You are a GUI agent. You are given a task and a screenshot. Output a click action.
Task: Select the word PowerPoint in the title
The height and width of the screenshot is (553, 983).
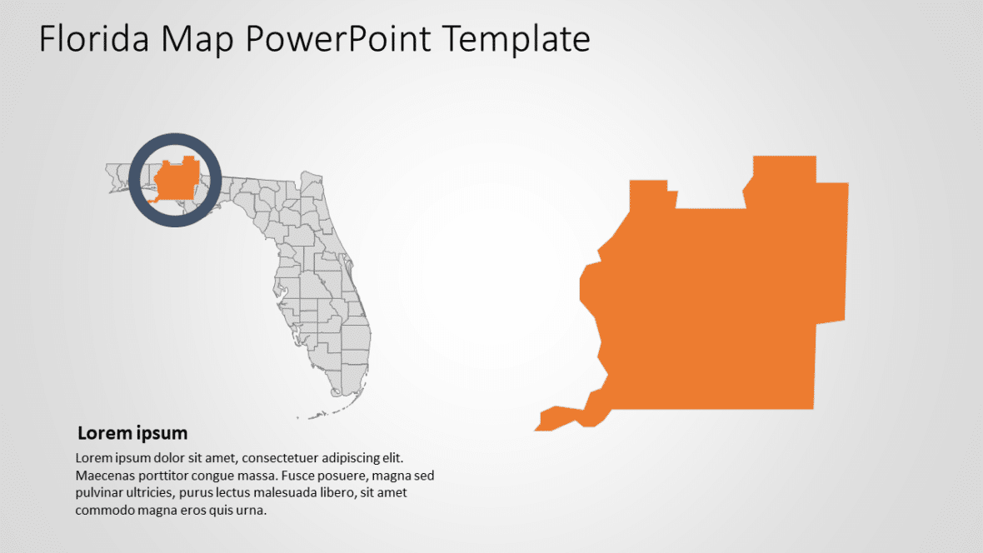click(x=337, y=39)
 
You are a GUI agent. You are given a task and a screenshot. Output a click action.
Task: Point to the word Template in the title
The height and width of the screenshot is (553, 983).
click(x=516, y=39)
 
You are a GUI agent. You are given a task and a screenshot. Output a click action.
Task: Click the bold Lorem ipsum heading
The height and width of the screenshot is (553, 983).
click(x=132, y=433)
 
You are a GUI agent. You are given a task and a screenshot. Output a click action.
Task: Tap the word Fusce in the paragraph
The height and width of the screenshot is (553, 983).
click(x=299, y=476)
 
